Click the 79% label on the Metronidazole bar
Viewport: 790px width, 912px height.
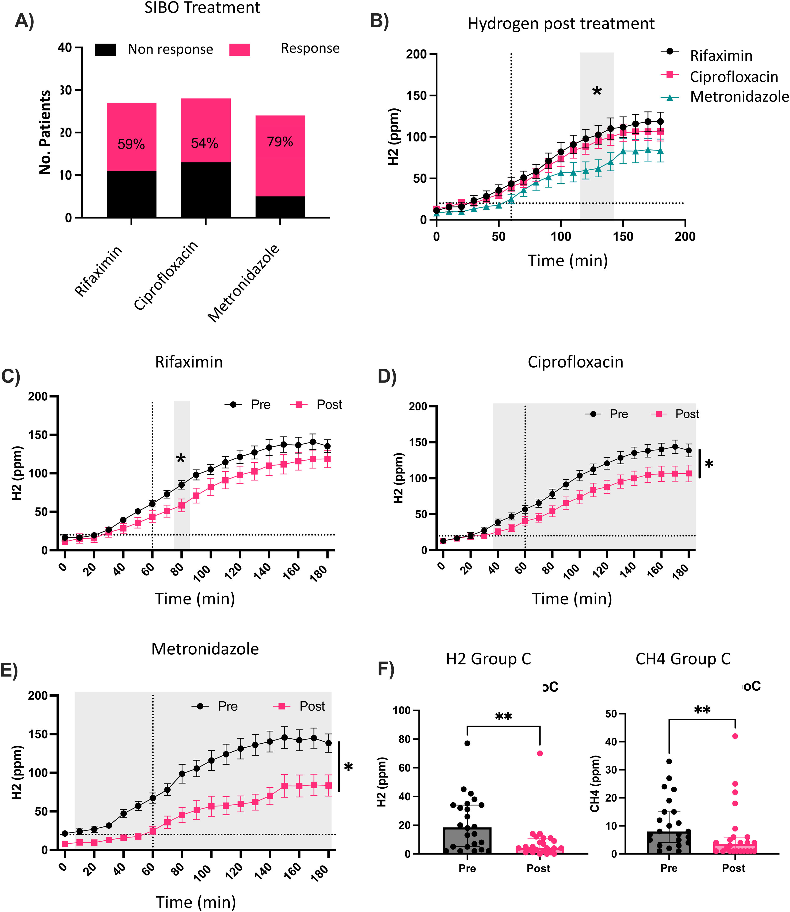[280, 142]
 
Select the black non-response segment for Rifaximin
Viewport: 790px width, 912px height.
[131, 194]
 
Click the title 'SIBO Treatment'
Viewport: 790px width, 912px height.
[202, 8]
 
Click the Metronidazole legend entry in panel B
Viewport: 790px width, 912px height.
[739, 96]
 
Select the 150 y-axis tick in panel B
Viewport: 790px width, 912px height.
[417, 96]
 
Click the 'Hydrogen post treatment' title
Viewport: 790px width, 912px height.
[561, 23]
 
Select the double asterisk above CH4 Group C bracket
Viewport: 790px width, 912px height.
[702, 711]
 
